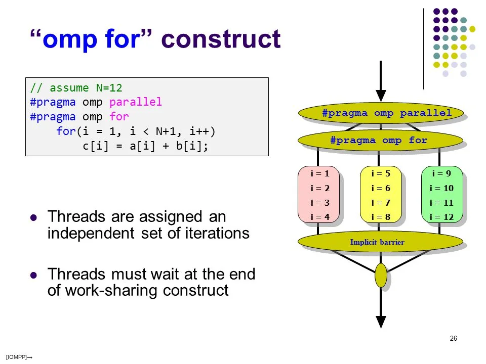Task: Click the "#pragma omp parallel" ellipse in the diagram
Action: tap(380, 113)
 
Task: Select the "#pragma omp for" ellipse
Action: tap(380, 140)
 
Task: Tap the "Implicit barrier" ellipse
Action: tap(380, 242)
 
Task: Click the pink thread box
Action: tap(318, 195)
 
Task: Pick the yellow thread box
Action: tap(380, 195)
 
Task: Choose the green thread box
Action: tap(442, 195)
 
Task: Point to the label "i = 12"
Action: tap(441, 217)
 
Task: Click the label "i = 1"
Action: tap(319, 173)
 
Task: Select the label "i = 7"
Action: tap(381, 203)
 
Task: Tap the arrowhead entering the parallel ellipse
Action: tap(381, 96)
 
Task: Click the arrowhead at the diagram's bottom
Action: tap(381, 322)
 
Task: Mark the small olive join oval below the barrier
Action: tap(381, 276)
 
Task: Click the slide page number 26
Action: tap(453, 338)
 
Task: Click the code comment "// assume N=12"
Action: tap(76, 88)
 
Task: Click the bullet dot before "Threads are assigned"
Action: tap(34, 218)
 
